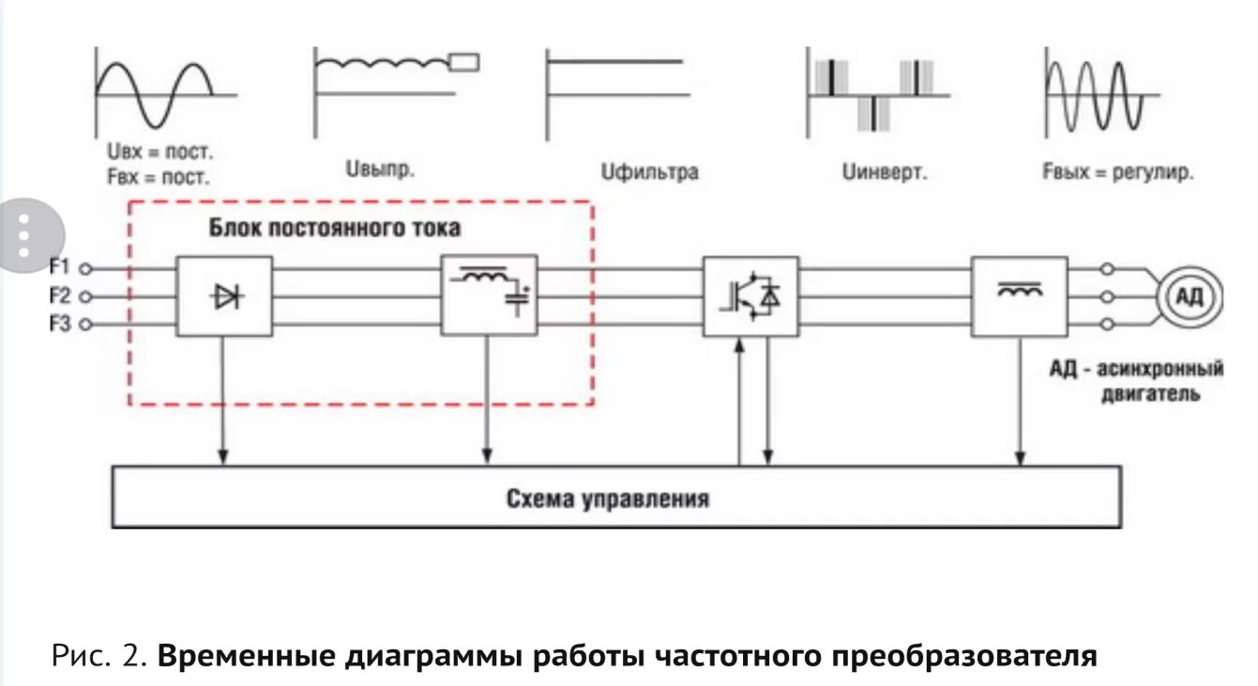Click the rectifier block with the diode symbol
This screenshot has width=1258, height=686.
[225, 297]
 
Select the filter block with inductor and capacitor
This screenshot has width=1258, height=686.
[489, 295]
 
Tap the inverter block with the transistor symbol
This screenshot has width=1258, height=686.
[750, 296]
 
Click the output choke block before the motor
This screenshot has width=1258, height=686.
[1019, 296]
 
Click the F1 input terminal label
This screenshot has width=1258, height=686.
[61, 267]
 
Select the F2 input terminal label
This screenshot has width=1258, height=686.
[61, 297]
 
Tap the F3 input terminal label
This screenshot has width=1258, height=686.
[61, 325]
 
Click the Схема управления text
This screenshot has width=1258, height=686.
[608, 497]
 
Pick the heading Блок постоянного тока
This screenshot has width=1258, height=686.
[335, 228]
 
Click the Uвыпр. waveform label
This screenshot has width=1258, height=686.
[380, 171]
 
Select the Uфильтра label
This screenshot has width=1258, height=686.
[650, 173]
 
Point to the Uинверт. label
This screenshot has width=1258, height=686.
[885, 173]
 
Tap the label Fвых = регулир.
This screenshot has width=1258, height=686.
[1117, 173]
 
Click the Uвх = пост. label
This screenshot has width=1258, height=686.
[161, 152]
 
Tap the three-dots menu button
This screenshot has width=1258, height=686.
[25, 236]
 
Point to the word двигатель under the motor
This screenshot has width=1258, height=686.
[1149, 394]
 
